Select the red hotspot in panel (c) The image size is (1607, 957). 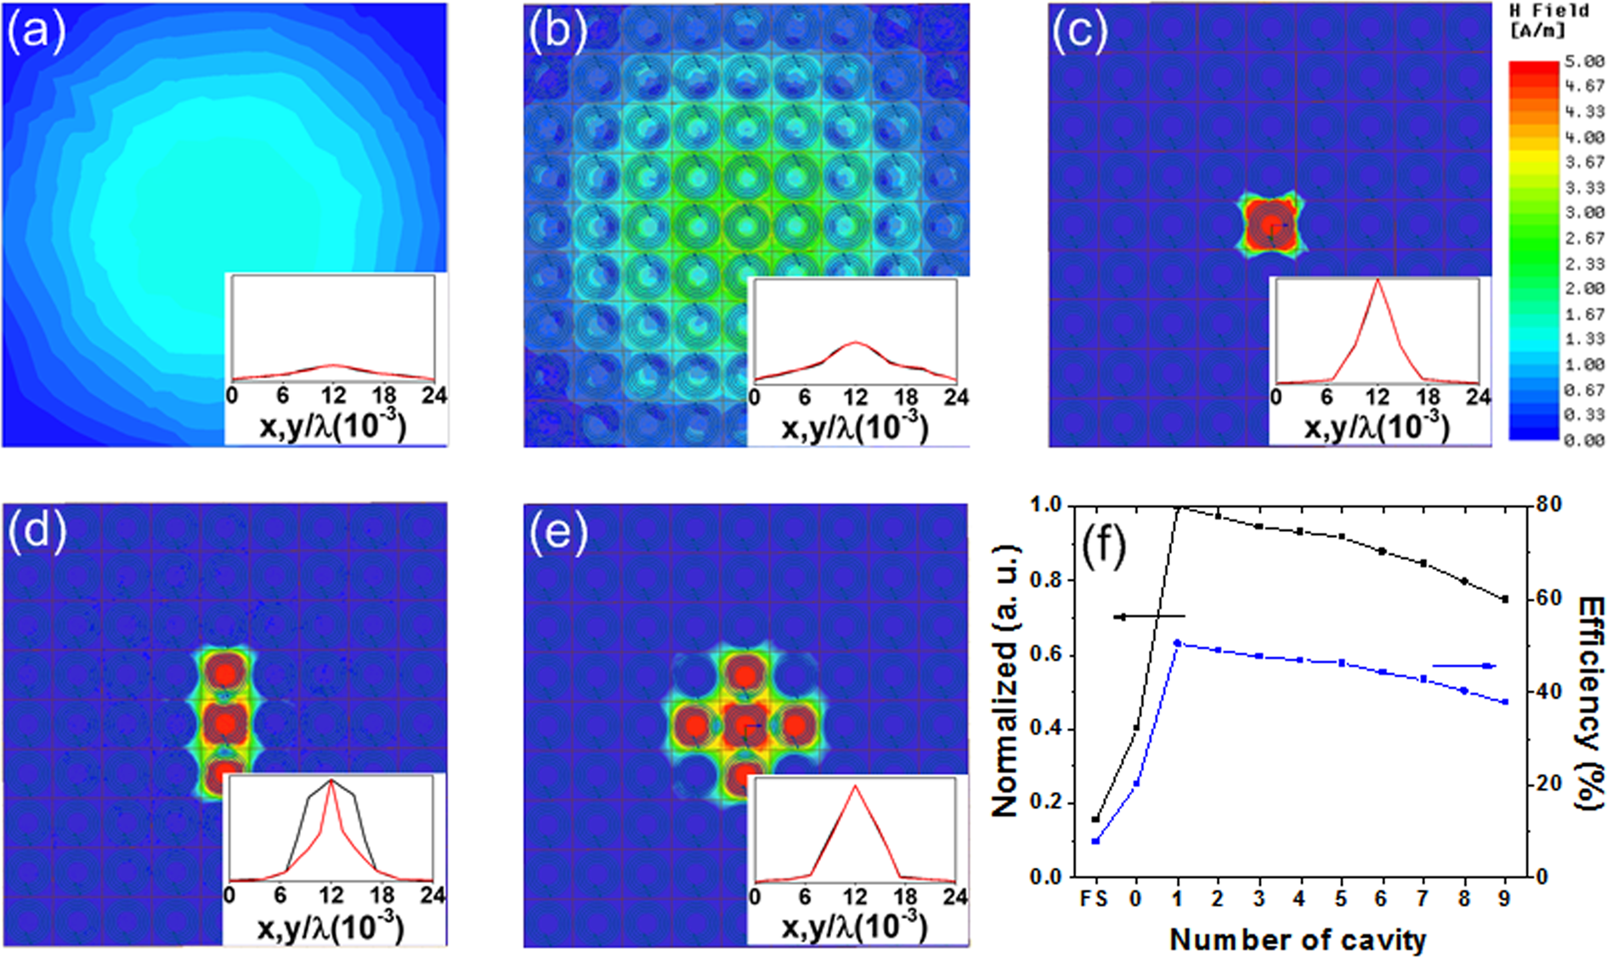pyautogui.click(x=1268, y=227)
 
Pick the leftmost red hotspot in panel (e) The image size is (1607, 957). pyautogui.click(x=695, y=727)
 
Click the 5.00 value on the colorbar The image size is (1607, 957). pyautogui.click(x=1583, y=62)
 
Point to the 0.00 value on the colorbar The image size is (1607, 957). pyautogui.click(x=1583, y=439)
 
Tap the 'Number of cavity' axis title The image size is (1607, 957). pyautogui.click(x=1297, y=939)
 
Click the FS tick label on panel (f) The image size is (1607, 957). pyautogui.click(x=1095, y=898)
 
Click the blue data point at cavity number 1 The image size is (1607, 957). pyautogui.click(x=1177, y=643)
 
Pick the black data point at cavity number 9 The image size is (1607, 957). pyautogui.click(x=1505, y=599)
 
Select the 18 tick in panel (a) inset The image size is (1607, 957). pyautogui.click(x=384, y=395)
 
